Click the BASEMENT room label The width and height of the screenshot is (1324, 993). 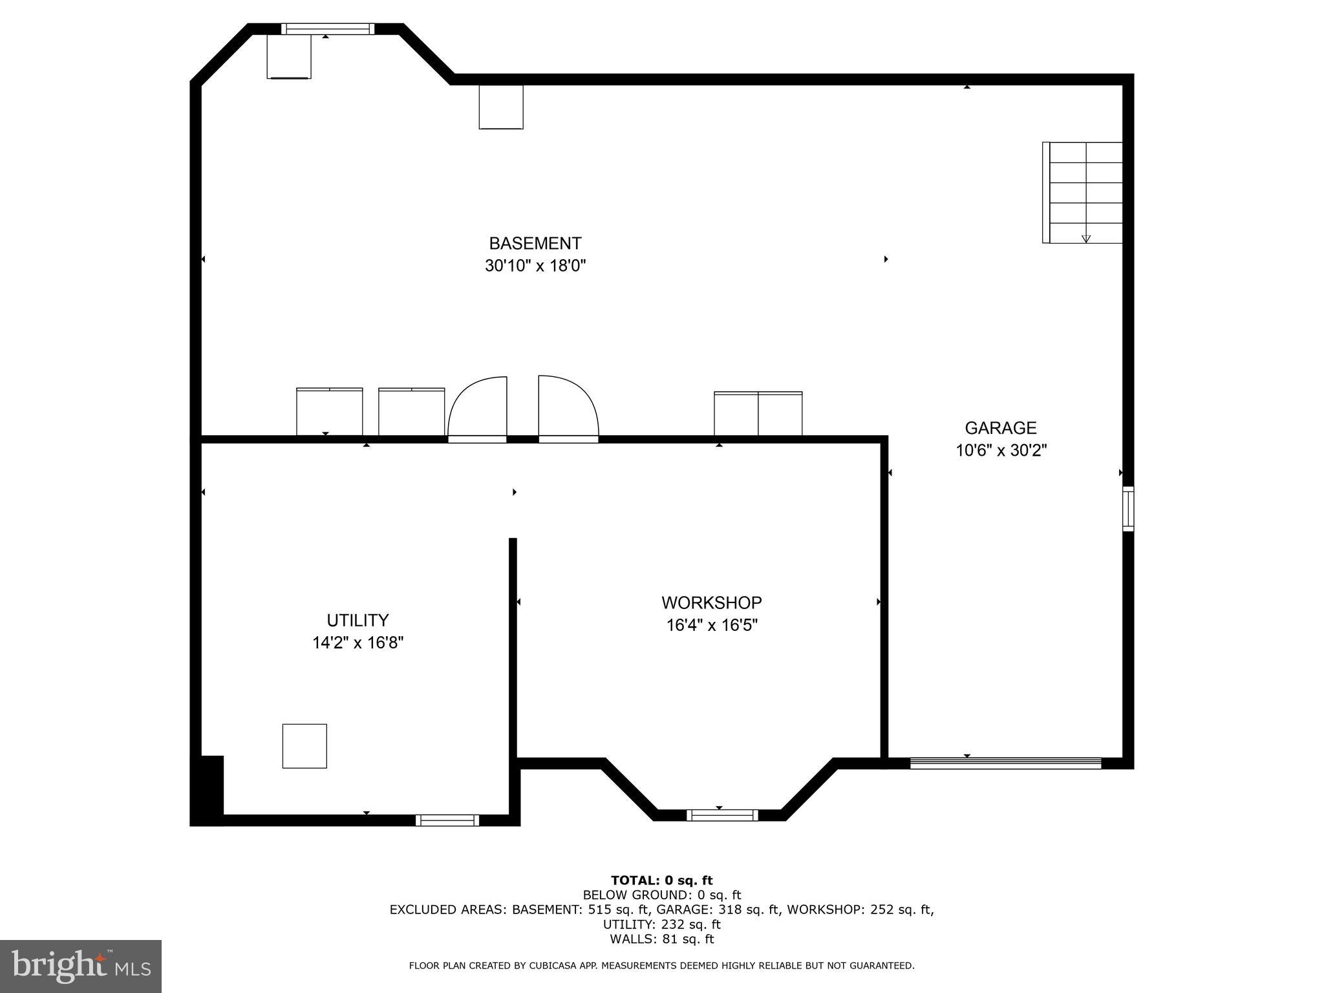(535, 244)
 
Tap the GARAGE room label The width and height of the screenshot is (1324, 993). (1000, 428)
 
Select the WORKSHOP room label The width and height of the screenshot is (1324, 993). (711, 603)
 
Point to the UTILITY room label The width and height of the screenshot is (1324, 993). (358, 621)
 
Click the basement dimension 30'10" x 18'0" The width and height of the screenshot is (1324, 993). (535, 266)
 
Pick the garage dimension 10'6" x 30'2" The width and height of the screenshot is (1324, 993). (1001, 451)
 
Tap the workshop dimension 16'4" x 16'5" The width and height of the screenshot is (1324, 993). (711, 625)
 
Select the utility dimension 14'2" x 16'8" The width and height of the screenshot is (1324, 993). (358, 643)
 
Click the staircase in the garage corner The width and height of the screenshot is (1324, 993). (1083, 192)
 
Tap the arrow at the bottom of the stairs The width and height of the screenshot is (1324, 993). (1086, 239)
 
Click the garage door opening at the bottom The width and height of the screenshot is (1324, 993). (1005, 763)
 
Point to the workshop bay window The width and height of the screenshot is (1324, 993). (721, 815)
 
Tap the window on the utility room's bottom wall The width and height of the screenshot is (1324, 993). (447, 820)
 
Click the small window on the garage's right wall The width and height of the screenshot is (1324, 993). (1128, 509)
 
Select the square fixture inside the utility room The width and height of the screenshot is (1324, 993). (304, 746)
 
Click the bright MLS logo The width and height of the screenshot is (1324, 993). (81, 966)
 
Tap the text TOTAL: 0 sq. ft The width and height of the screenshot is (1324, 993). (661, 880)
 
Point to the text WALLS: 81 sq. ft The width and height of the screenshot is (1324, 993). (661, 939)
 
